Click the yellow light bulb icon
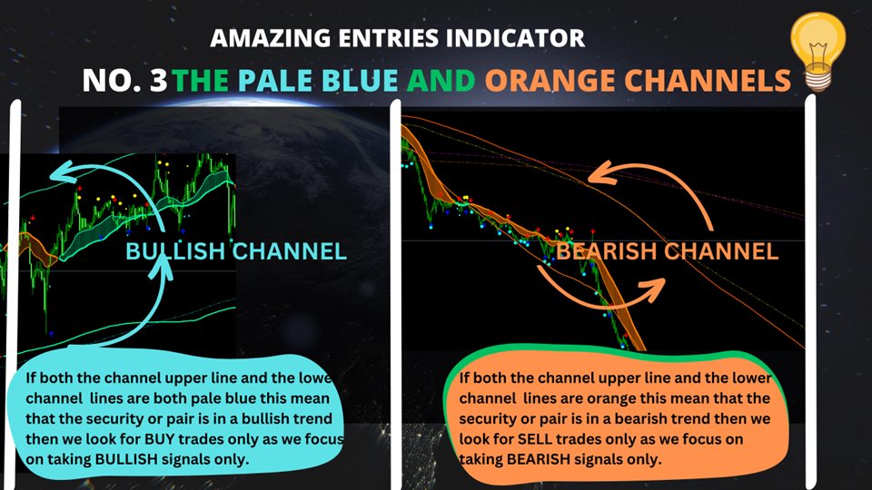(x=818, y=51)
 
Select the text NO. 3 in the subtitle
(x=124, y=81)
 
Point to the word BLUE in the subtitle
(x=360, y=81)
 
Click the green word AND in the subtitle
(x=441, y=81)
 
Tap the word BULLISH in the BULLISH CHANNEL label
(x=174, y=251)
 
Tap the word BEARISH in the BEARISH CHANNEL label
(x=607, y=251)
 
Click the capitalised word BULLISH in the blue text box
(x=126, y=459)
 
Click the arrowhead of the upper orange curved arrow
(x=599, y=173)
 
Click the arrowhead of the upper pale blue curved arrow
(x=63, y=172)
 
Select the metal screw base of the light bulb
(x=818, y=81)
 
